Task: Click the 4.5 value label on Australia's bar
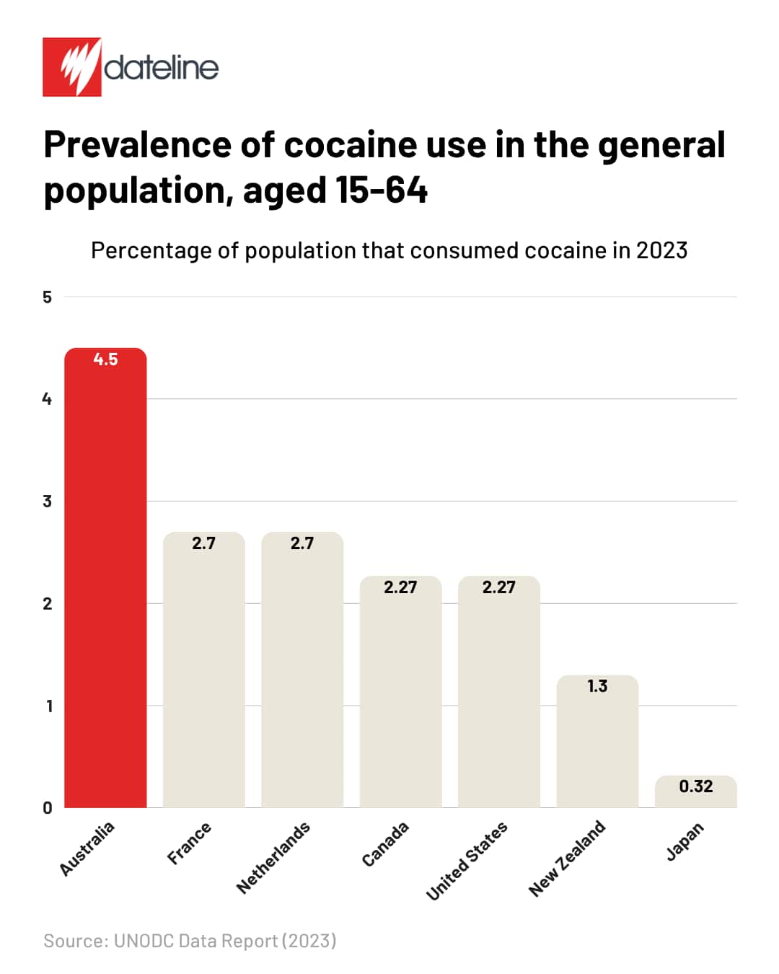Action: tap(105, 359)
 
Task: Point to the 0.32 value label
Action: tap(696, 786)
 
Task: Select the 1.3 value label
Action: tap(597, 686)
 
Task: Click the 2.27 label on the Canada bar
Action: tap(400, 587)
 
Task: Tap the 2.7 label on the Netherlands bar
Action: tap(302, 543)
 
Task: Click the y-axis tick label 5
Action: tap(48, 297)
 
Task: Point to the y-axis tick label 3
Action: tap(48, 501)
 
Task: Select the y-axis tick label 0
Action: tap(48, 808)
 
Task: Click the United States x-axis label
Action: tap(467, 861)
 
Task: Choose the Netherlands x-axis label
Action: tap(273, 857)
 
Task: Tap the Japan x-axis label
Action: tap(685, 841)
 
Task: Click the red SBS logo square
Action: tap(72, 67)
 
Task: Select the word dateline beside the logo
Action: tap(161, 68)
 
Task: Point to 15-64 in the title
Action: tap(382, 190)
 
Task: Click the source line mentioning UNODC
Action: tap(190, 941)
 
